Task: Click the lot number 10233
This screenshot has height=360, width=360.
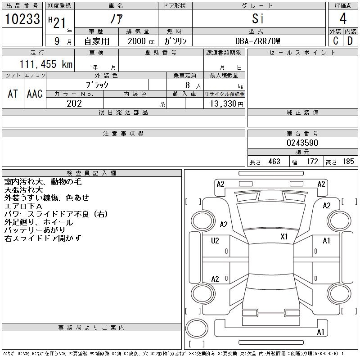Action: tap(22, 19)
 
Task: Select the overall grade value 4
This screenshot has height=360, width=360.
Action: tap(343, 19)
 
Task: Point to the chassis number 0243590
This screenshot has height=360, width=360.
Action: tap(302, 143)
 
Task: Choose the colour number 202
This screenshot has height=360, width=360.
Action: tap(74, 103)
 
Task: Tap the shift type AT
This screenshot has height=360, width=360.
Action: tap(13, 94)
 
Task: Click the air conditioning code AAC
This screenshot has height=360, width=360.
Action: tap(35, 94)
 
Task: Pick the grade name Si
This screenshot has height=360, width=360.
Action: tap(258, 19)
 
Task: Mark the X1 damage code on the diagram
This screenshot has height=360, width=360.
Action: tap(284, 237)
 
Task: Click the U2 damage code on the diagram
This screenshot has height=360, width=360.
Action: tap(215, 241)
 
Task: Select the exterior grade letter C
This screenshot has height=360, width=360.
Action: tap(335, 41)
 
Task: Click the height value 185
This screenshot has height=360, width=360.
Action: tap(348, 162)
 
